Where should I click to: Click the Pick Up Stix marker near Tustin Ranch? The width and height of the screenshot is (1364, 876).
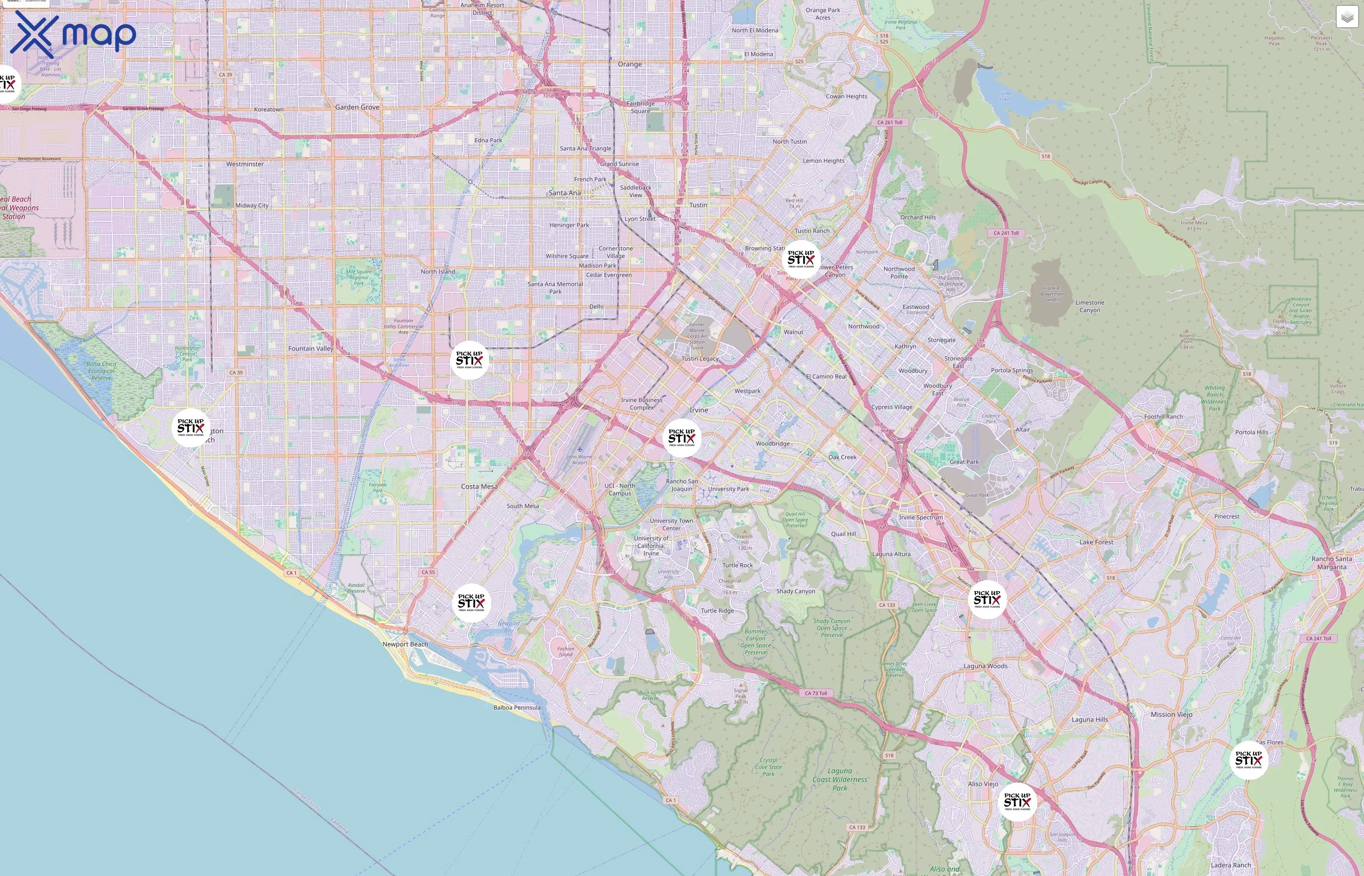pyautogui.click(x=801, y=259)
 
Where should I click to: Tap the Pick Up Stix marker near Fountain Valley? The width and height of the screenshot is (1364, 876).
pyautogui.click(x=469, y=360)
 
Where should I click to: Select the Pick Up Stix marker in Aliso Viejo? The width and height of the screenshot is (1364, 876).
pyautogui.click(x=1017, y=802)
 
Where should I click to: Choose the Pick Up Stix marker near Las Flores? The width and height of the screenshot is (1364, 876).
pyautogui.click(x=1249, y=760)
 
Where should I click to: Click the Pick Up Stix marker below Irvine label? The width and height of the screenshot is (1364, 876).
pyautogui.click(x=682, y=438)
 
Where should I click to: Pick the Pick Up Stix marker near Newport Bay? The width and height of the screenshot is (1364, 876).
pyautogui.click(x=471, y=603)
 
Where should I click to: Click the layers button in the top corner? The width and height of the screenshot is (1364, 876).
pyautogui.click(x=1346, y=17)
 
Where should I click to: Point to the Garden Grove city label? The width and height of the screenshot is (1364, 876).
pyautogui.click(x=357, y=107)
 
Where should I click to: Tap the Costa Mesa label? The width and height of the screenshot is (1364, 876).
pyautogui.click(x=479, y=486)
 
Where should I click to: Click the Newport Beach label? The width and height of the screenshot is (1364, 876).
pyautogui.click(x=405, y=644)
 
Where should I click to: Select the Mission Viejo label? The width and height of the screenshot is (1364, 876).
pyautogui.click(x=1171, y=714)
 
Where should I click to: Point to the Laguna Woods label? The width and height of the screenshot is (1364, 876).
pyautogui.click(x=985, y=666)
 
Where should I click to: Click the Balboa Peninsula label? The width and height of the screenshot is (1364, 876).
pyautogui.click(x=516, y=708)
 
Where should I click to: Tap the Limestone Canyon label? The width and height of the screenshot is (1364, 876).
pyautogui.click(x=1090, y=306)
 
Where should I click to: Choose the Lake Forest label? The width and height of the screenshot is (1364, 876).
pyautogui.click(x=1096, y=542)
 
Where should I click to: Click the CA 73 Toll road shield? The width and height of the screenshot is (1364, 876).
pyautogui.click(x=816, y=693)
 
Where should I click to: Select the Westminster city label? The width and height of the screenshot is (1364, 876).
pyautogui.click(x=245, y=164)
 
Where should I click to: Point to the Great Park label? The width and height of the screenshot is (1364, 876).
pyautogui.click(x=964, y=462)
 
